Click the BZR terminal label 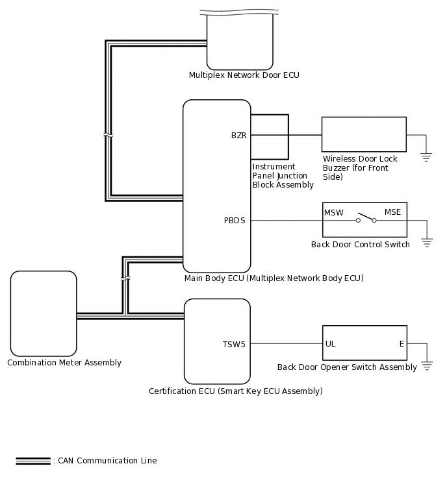238,136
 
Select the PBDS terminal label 235,221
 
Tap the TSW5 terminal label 234,345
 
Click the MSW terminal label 333,212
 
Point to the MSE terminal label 392,212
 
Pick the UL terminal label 331,344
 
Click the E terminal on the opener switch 402,344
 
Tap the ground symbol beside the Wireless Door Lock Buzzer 426,156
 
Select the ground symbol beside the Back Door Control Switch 427,241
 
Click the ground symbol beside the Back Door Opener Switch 427,365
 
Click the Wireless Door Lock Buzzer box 364,134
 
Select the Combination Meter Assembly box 44,313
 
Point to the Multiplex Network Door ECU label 244,75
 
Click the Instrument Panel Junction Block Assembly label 283,176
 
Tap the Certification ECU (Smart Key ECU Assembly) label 235,391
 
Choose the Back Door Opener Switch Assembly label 347,367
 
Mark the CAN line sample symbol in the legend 33,461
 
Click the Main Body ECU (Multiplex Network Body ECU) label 274,278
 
